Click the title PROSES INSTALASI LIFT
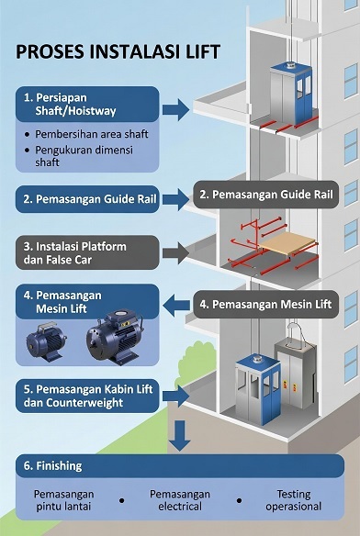tap(118, 51)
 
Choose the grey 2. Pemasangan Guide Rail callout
tap(265, 194)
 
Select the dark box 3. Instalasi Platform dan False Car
tap(86, 252)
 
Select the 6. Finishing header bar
tap(179, 465)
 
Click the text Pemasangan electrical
tap(180, 500)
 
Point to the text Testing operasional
tap(294, 500)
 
